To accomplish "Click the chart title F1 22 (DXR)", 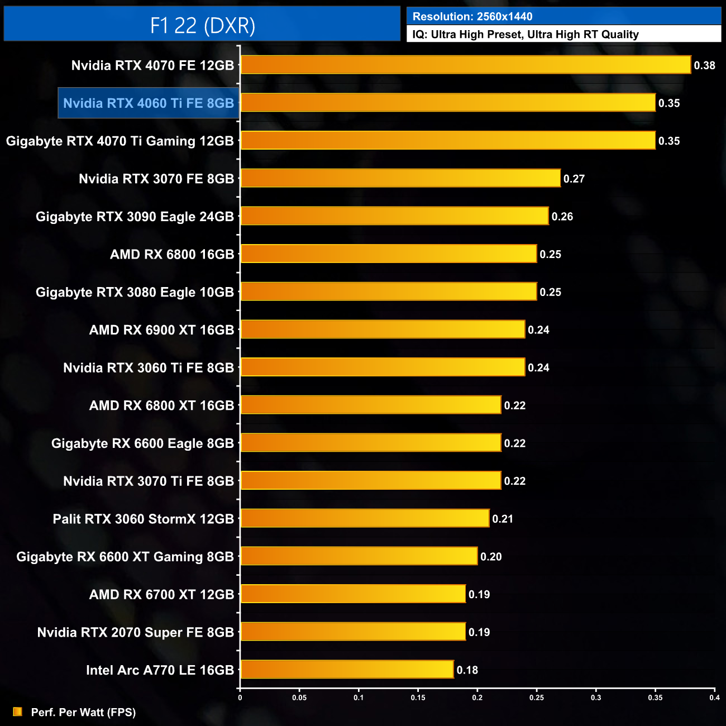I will [202, 25].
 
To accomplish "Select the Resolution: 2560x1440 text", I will [472, 16].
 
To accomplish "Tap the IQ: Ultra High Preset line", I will [525, 34].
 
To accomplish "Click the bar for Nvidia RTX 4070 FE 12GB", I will [465, 65].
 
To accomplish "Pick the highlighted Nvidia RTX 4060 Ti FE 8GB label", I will [149, 103].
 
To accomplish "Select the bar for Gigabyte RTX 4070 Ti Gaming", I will [447, 141].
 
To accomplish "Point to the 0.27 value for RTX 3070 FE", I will [574, 179].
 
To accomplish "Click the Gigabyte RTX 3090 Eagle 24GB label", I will [135, 217].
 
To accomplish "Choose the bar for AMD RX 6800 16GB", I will [388, 254].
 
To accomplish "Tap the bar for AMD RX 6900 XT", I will [383, 330].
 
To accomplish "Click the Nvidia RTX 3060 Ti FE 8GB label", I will [149, 368].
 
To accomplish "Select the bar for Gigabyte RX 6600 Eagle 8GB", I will [370, 443].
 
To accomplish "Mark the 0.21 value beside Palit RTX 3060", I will [503, 519].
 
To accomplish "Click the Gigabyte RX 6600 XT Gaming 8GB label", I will [125, 557].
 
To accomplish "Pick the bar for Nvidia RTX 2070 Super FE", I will [352, 632].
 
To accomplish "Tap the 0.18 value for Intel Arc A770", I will [467, 670].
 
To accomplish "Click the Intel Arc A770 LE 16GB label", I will [160, 670].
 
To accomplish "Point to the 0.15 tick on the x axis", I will [418, 698].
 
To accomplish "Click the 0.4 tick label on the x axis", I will [714, 698].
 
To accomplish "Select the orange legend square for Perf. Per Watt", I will [18, 712].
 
